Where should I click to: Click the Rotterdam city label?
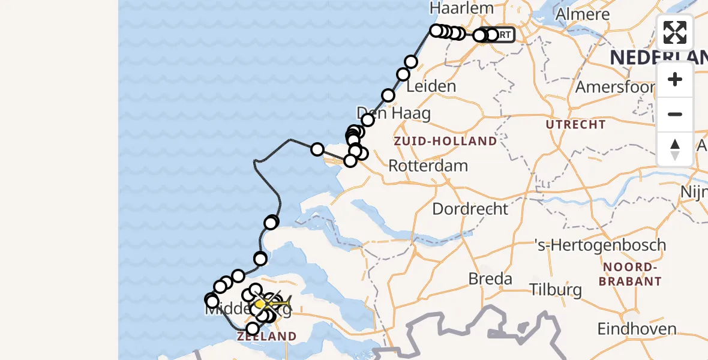(x=428, y=166)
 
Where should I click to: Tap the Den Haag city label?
(x=394, y=113)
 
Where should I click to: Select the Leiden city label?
(x=431, y=86)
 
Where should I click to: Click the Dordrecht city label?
(x=470, y=209)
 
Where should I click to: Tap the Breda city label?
(x=490, y=279)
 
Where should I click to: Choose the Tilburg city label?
(x=556, y=290)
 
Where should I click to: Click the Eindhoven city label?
(x=637, y=329)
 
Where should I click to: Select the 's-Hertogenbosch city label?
(x=600, y=245)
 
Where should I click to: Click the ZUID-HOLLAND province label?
(x=445, y=142)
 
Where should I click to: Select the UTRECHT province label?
(x=575, y=125)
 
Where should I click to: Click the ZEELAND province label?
(x=266, y=337)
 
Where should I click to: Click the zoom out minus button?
(x=675, y=115)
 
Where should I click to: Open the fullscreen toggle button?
(x=675, y=32)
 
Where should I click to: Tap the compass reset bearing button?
(x=675, y=149)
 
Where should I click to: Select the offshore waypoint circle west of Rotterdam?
(x=317, y=149)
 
